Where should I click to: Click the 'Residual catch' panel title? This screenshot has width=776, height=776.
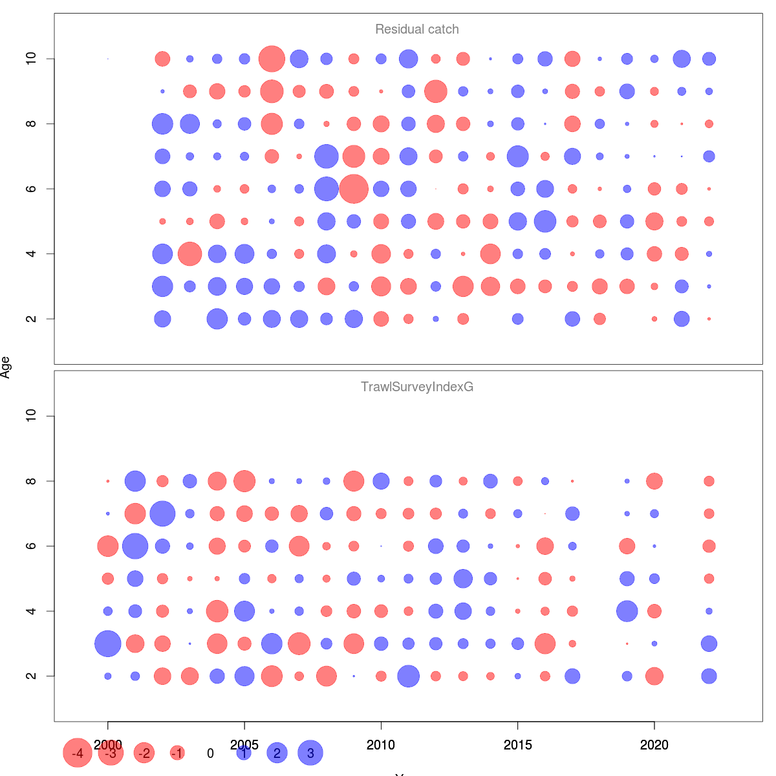pos(417,29)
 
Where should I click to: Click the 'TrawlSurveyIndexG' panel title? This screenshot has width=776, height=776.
pos(417,387)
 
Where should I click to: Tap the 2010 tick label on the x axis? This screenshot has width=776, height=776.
pos(381,745)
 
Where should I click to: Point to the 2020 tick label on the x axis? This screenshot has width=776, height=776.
pos(654,745)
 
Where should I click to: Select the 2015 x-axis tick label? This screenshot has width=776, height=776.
pos(517,745)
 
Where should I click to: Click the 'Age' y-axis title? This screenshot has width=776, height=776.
pos(6,367)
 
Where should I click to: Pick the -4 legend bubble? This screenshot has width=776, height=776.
pos(78,753)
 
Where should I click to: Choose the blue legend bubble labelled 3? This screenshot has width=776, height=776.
pos(310,753)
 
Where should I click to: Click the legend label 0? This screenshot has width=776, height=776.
pos(210,753)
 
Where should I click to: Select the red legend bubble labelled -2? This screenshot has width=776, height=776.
pos(144,753)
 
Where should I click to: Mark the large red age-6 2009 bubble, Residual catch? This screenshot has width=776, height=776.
pos(354,189)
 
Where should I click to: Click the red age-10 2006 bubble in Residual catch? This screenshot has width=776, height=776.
pos(272,59)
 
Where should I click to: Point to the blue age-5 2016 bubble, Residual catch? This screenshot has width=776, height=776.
pos(545,221)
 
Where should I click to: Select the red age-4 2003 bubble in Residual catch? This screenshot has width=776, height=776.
pos(189,253)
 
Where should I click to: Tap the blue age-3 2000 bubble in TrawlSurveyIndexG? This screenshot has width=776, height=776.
pos(108,643)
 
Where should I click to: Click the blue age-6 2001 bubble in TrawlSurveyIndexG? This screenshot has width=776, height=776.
pos(135,546)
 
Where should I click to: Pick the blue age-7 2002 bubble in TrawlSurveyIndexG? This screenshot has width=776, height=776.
pos(162,513)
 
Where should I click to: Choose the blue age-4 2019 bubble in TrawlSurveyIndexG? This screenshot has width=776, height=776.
pos(627,611)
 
